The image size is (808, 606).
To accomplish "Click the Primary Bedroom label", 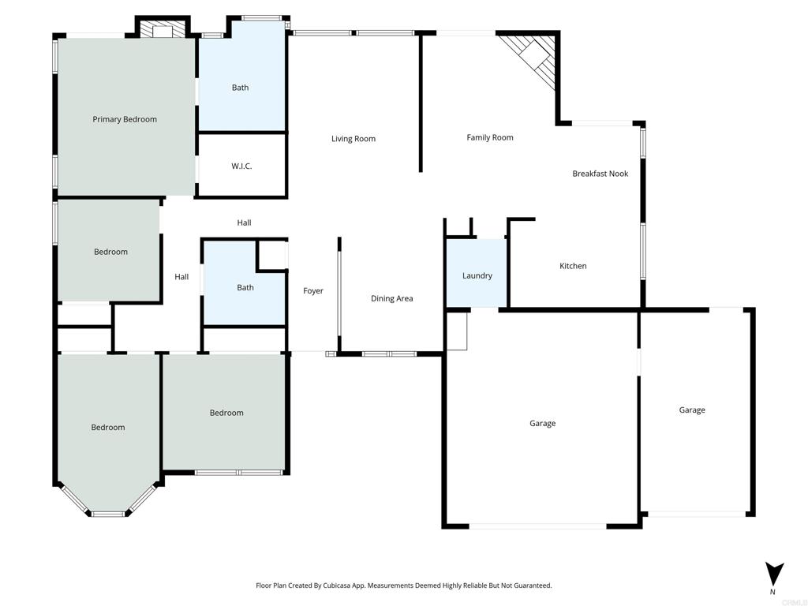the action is pyautogui.click(x=125, y=120).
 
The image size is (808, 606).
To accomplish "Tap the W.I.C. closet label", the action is pyautogui.click(x=241, y=166).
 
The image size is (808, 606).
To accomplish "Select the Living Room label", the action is pyautogui.click(x=353, y=139).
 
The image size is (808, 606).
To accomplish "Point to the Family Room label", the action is pyautogui.click(x=490, y=137).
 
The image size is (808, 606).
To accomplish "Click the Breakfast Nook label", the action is pyautogui.click(x=600, y=174).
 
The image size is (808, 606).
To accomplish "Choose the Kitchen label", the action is pyautogui.click(x=573, y=266).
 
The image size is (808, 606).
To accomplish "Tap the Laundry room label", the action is pyautogui.click(x=477, y=275).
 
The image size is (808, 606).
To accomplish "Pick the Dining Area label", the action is pyautogui.click(x=391, y=298).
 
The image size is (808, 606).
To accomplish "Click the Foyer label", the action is pyautogui.click(x=313, y=291).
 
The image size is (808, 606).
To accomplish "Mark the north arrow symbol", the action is pyautogui.click(x=774, y=574).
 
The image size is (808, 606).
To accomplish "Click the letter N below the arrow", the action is pyautogui.click(x=772, y=592).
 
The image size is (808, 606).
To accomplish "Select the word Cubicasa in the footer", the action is pyautogui.click(x=336, y=585).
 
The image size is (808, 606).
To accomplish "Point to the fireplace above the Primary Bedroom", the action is pyautogui.click(x=163, y=29).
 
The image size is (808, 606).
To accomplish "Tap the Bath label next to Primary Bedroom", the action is pyautogui.click(x=240, y=88).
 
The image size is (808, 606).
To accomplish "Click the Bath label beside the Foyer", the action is pyautogui.click(x=245, y=287).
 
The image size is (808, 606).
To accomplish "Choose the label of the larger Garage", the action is pyautogui.click(x=543, y=424).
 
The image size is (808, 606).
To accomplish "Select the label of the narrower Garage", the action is pyautogui.click(x=692, y=410).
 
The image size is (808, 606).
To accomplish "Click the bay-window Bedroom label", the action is pyautogui.click(x=107, y=427).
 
